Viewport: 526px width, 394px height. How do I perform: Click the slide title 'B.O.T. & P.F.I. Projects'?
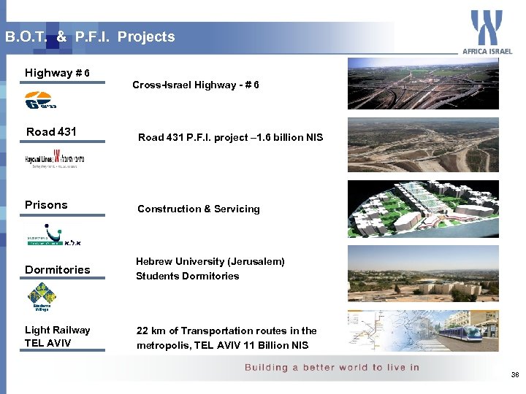coord(90,36)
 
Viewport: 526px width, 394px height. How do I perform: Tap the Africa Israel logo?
coord(487,32)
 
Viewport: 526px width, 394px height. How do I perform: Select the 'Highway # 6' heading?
coord(58,73)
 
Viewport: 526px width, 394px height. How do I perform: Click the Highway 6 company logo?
coord(43,101)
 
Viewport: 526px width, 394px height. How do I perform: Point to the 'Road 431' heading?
coord(51,132)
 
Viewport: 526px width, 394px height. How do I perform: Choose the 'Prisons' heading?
coord(46,205)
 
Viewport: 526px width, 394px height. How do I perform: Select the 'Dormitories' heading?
coord(58,270)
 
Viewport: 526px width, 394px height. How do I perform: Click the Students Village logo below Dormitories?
coord(42,298)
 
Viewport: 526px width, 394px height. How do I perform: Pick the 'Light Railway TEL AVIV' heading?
coord(57,336)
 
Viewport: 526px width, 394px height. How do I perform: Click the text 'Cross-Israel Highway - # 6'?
coord(195,85)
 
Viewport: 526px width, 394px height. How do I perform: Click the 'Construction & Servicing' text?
coord(198,209)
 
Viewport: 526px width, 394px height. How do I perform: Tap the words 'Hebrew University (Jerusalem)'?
coord(210,261)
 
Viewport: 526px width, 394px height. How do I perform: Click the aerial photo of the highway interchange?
coord(423,84)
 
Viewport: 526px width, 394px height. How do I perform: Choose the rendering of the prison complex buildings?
coord(423,209)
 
